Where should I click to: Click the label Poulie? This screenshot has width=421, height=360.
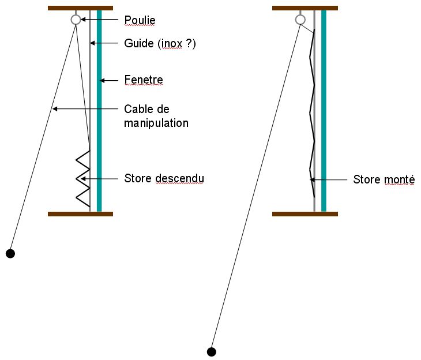tap(140, 20)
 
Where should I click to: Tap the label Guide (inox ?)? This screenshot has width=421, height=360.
tap(160, 43)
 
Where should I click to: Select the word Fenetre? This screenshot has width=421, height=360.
tap(144, 79)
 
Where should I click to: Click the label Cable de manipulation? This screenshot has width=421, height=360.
tap(156, 115)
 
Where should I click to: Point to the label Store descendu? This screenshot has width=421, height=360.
tap(164, 179)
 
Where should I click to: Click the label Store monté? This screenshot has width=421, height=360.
tap(384, 180)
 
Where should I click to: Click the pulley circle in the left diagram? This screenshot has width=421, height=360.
tap(76, 20)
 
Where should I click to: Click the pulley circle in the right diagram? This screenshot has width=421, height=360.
tap(300, 20)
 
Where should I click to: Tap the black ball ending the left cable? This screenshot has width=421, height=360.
tap(10, 253)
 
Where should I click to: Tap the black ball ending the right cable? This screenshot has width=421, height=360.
tap(211, 351)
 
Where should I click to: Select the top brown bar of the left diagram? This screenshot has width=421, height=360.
tap(80, 8)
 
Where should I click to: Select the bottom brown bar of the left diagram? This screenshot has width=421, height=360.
tap(80, 213)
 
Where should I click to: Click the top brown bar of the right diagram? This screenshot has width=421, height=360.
tap(305, 8)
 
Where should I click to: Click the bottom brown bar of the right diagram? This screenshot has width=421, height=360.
tap(305, 213)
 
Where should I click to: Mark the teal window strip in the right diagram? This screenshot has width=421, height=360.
tap(324, 110)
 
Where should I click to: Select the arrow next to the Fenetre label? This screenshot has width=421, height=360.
tap(112, 79)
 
